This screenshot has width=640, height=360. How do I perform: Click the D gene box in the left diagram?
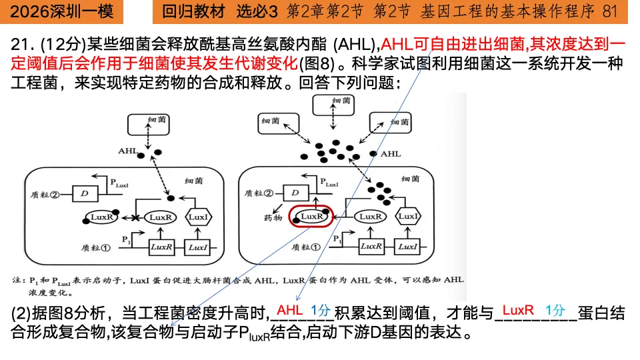[84, 194]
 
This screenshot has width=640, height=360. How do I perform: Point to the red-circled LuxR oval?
[311, 217]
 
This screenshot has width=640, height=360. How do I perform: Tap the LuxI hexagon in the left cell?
[198, 217]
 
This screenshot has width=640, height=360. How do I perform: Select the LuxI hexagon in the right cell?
[409, 217]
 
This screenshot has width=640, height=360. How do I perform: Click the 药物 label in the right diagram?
[273, 218]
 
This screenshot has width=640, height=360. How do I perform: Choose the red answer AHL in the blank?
[290, 311]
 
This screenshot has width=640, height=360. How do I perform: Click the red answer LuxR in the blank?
[518, 311]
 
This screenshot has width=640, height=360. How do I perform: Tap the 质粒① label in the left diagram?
[97, 246]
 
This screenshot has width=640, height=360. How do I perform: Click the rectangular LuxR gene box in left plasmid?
[162, 247]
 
